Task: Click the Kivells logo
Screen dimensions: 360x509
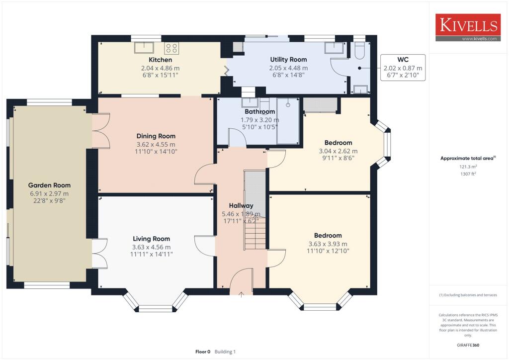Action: click(468, 27)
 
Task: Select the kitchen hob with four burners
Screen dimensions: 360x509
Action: click(171, 48)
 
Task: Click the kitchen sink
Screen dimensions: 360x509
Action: click(145, 47)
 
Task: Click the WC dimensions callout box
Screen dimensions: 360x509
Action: click(403, 69)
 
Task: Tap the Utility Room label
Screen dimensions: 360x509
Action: click(288, 60)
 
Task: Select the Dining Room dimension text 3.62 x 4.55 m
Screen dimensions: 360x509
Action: click(156, 144)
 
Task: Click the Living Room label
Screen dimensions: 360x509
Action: click(151, 239)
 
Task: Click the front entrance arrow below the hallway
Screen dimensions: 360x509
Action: click(242, 294)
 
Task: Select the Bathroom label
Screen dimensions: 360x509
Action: click(259, 112)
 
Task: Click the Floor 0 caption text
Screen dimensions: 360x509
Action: click(203, 352)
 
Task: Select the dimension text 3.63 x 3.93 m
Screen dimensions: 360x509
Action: click(328, 244)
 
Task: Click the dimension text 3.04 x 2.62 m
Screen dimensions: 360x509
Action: click(338, 151)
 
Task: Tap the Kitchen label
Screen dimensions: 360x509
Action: click(150, 60)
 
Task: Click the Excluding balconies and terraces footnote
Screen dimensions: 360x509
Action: click(468, 295)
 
